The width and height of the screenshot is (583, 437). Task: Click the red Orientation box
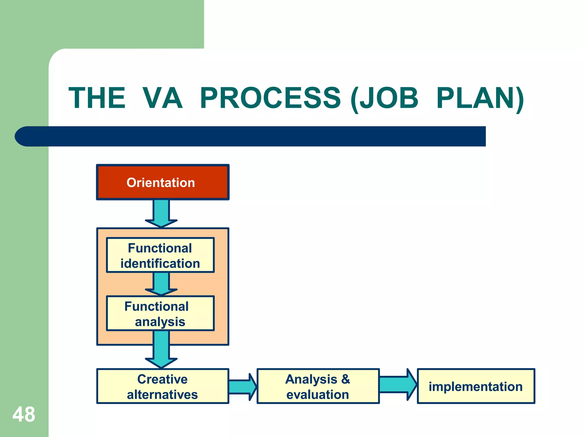click(x=163, y=182)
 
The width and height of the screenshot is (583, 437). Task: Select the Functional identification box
click(x=160, y=255)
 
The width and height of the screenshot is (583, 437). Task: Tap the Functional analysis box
click(x=160, y=314)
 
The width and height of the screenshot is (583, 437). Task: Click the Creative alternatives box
click(x=163, y=386)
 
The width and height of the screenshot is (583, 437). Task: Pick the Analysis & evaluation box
click(x=318, y=386)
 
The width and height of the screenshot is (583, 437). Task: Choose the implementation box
click(x=476, y=386)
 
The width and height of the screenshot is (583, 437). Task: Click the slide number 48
click(x=24, y=415)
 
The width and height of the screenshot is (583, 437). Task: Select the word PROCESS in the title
click(x=270, y=98)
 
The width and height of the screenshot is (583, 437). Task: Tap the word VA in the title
click(x=162, y=98)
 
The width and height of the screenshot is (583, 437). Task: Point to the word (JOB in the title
click(x=384, y=99)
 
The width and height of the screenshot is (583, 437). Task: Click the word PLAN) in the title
click(x=480, y=99)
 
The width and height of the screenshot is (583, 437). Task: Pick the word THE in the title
click(x=97, y=98)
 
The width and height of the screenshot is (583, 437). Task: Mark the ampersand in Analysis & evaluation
click(x=345, y=379)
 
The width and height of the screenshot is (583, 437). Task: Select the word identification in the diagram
click(x=160, y=263)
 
